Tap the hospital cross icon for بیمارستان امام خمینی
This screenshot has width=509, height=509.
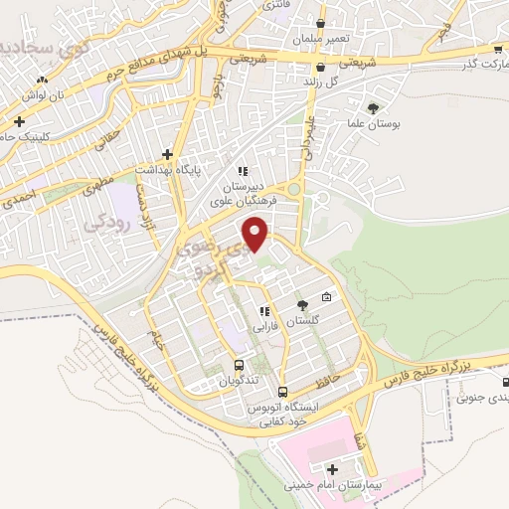[332, 468]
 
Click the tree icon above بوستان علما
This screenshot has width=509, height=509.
[374, 107]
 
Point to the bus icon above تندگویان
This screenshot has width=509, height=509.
[239, 364]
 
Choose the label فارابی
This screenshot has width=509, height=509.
[265, 325]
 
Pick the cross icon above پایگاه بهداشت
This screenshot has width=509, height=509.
[167, 154]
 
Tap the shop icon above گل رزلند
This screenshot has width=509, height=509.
[319, 68]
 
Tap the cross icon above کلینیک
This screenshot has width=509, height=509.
[19, 121]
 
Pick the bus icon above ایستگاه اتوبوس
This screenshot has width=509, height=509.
[282, 392]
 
